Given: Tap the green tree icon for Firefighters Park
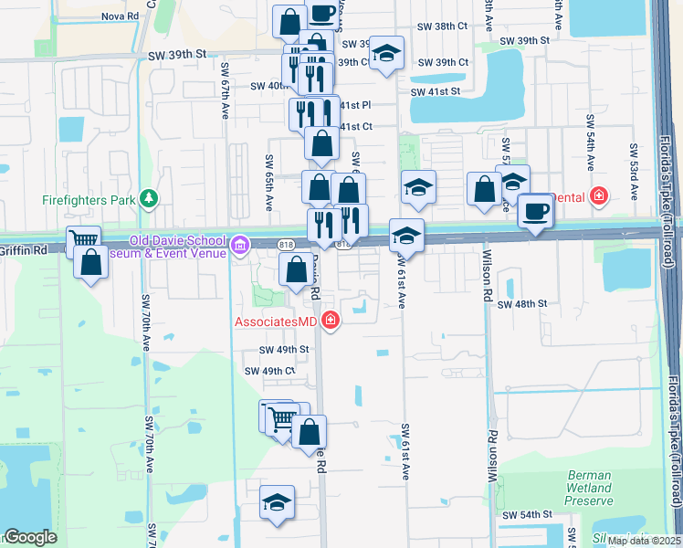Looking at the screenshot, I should pos(148,198).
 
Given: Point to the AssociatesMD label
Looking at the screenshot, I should pos(276,321).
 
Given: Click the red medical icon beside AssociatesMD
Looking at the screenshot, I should pos(329,321).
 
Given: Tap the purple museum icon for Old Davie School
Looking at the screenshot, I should pos(240,244).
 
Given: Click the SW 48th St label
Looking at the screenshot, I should pos(521,303).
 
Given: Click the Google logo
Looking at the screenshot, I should pos(30,537).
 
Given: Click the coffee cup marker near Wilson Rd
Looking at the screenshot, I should pos(535,212).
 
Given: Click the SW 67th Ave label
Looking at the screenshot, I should pos(225,91).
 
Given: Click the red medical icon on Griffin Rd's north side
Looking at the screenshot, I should pos(598,195).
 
